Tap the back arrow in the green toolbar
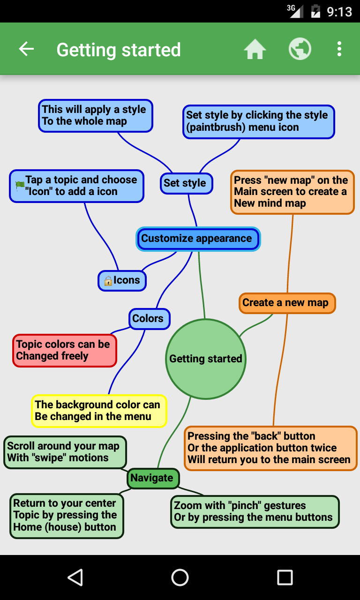(x=26, y=49)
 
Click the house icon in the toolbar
(x=255, y=49)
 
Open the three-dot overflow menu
(x=339, y=49)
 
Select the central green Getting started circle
(x=205, y=359)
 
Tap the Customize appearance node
(x=198, y=239)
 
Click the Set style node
(x=187, y=183)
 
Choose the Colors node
(x=150, y=319)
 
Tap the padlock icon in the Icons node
(x=108, y=281)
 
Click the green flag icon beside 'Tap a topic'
(x=20, y=185)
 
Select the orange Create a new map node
(x=287, y=303)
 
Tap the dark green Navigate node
(x=153, y=478)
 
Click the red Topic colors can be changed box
(x=65, y=350)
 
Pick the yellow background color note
(x=99, y=411)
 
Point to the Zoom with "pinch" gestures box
(x=255, y=511)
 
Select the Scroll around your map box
(x=65, y=452)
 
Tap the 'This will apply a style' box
(x=95, y=116)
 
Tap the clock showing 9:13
(x=339, y=12)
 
